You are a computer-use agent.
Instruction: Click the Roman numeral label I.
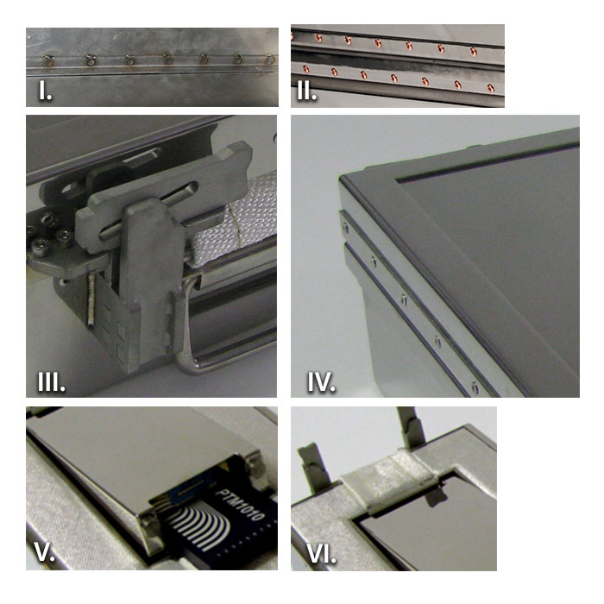46,91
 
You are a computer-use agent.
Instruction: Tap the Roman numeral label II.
307,91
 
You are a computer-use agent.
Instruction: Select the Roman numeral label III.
51,382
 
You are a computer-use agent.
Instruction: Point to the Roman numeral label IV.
321,382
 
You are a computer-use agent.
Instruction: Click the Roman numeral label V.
45,552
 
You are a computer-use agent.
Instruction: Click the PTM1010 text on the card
239,504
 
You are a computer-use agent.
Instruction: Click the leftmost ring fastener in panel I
49,60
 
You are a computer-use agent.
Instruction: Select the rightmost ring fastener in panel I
271,60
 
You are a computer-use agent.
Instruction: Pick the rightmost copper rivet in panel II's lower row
491,89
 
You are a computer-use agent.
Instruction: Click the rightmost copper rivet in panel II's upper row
474,51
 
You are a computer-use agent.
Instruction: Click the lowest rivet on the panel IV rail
475,387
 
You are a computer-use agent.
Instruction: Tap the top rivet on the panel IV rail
345,228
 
